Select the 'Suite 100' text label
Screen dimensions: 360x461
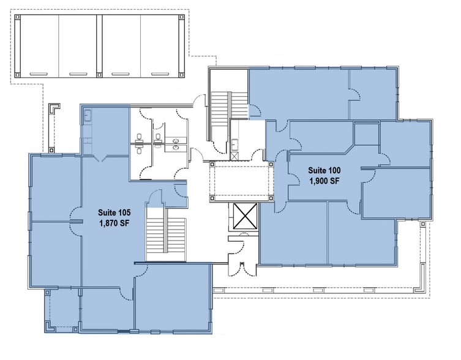tap(324, 170)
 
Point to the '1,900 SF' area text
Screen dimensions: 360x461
tap(324, 181)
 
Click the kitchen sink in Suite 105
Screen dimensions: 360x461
tap(88, 114)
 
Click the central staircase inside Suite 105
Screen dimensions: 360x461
tap(165, 238)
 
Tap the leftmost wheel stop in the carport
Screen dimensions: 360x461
tap(38, 74)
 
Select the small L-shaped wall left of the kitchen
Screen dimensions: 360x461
tap(54, 109)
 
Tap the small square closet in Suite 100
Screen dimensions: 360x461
tap(366, 133)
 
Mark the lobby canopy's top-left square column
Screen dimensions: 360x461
tap(212, 165)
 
